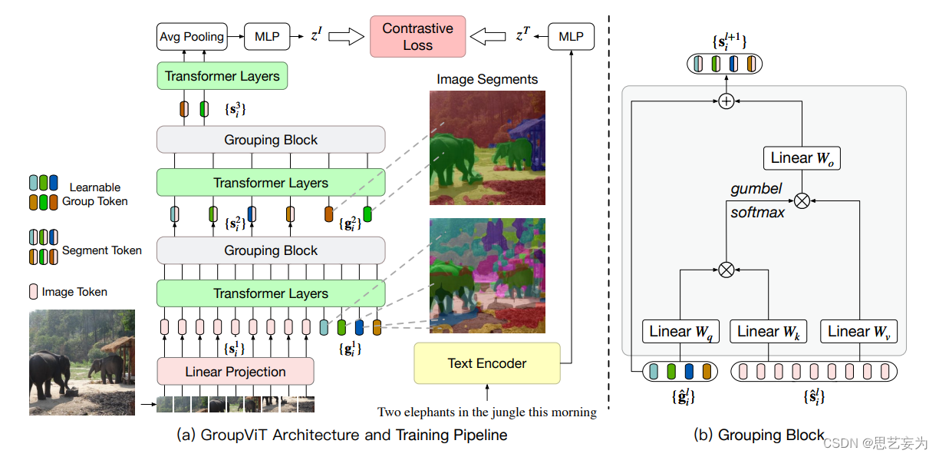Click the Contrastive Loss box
pyautogui.click(x=417, y=37)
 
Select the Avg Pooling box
pyautogui.click(x=192, y=37)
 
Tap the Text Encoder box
pyautogui.click(x=487, y=363)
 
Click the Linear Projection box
pyautogui.click(x=236, y=372)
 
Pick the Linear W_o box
pyautogui.click(x=802, y=157)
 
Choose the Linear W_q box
pyautogui.click(x=680, y=332)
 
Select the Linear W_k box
pyautogui.click(x=769, y=332)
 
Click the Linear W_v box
pyautogui.click(x=858, y=332)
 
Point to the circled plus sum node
pyautogui.click(x=726, y=101)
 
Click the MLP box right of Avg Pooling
pyautogui.click(x=267, y=37)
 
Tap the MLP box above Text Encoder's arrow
pyautogui.click(x=571, y=37)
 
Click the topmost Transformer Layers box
pyautogui.click(x=222, y=76)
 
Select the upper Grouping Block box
pyautogui.click(x=271, y=139)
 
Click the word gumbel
pyautogui.click(x=756, y=189)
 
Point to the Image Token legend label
pyautogui.click(x=74, y=292)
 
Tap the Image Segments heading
pyautogui.click(x=487, y=79)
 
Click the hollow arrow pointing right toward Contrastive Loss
pyautogui.click(x=346, y=37)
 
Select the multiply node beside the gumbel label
pyautogui.click(x=802, y=200)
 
